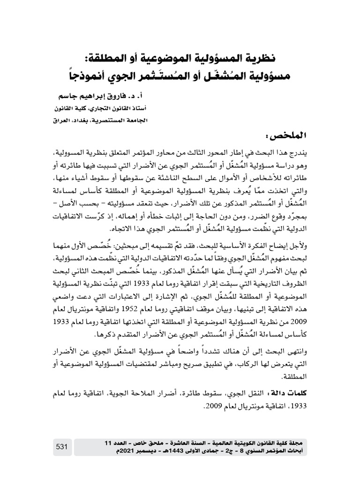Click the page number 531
[63, 447]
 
